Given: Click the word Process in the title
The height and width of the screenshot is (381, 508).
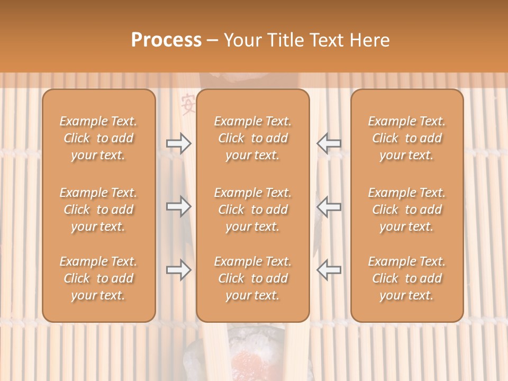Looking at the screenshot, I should pos(166,40).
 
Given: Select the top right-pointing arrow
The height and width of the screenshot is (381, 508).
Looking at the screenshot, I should pos(178,143).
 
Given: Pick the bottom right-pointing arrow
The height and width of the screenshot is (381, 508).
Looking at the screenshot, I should pos(178,270).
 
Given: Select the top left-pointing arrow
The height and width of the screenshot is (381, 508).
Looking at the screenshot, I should pos(329,143).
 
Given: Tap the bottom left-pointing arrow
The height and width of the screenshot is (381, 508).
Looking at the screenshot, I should pos(329,270).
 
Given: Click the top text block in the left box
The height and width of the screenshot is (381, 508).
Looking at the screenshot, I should pos(98,138).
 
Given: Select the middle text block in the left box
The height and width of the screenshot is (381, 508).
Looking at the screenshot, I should pos(98,210).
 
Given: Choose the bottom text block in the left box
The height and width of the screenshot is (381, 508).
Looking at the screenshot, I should pos(98,278).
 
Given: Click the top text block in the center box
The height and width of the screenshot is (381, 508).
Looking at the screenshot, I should pos(252,138).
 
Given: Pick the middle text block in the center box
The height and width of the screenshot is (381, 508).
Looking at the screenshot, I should pos(252,210).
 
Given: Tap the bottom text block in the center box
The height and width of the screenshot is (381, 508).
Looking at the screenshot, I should pos(252,278).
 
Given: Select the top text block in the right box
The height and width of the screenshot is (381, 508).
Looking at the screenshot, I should pos(406,138).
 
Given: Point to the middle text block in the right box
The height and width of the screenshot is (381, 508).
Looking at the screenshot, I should pos(406,210).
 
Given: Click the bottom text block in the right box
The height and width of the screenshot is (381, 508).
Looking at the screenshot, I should pos(406,278).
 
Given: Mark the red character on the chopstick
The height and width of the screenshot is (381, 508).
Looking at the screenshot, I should pos(187,103).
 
